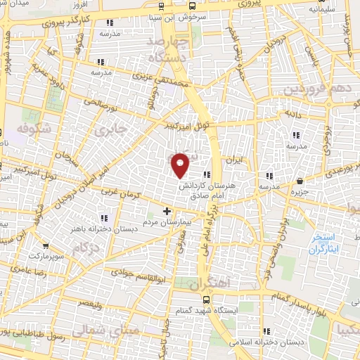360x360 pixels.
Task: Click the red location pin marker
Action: tap(181, 165)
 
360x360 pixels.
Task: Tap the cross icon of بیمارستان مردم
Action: tap(167, 210)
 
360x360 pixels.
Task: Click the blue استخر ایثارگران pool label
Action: tap(324, 245)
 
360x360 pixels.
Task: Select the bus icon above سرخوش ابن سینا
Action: tap(162, 6)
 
